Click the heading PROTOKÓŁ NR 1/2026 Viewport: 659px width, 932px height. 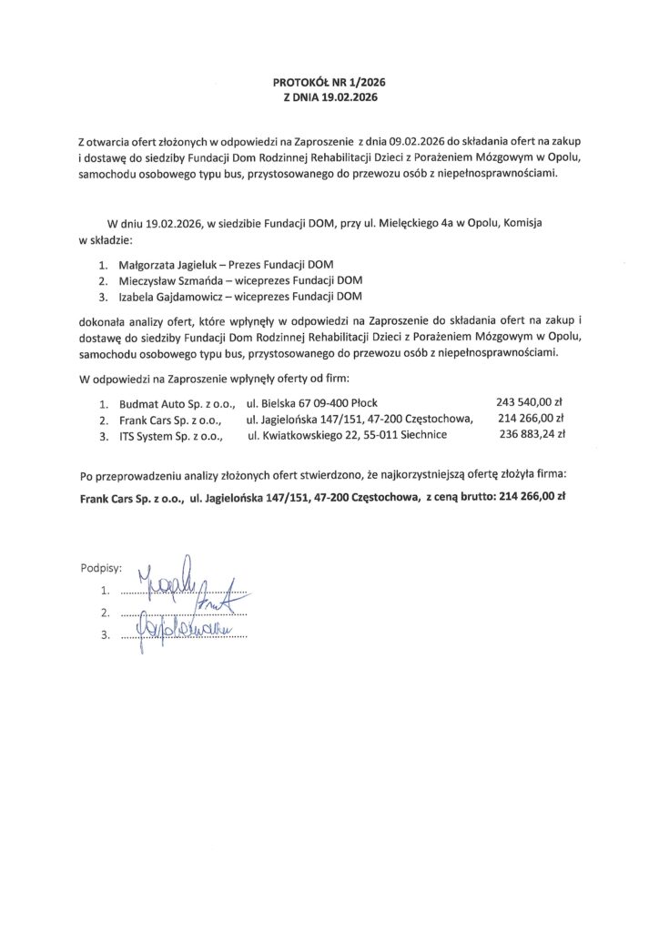(x=329, y=81)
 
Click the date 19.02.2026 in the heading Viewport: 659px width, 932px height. (x=347, y=96)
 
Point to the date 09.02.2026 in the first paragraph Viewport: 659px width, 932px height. (x=420, y=143)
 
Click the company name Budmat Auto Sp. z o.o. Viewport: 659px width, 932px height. (x=172, y=402)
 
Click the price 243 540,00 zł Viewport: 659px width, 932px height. (x=531, y=401)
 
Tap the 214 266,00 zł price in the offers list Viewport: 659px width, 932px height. (x=532, y=418)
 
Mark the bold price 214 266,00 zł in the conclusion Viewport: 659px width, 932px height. (x=533, y=498)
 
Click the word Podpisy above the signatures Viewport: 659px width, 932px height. (x=100, y=567)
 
